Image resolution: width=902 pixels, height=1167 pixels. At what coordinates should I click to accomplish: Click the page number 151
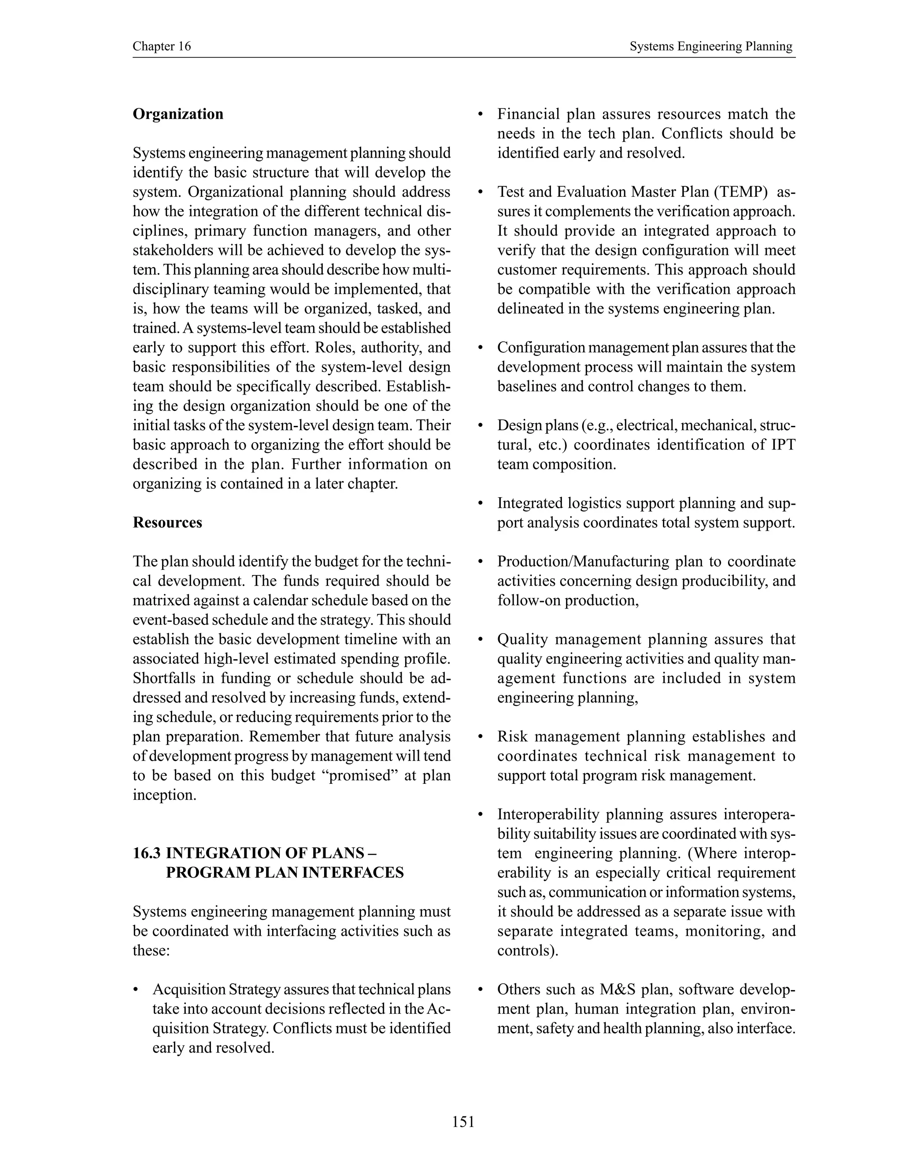[x=463, y=1122]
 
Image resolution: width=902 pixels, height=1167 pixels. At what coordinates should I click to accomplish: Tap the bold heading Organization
[x=178, y=114]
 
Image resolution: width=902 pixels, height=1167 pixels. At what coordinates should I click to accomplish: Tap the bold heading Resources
[x=167, y=523]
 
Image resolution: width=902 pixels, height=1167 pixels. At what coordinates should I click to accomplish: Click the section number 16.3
[x=146, y=853]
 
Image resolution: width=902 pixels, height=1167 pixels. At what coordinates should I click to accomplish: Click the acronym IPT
[x=784, y=445]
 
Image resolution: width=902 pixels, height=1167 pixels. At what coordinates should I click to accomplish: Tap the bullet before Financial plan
[x=481, y=114]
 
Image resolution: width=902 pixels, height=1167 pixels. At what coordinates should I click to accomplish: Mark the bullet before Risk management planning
[x=481, y=737]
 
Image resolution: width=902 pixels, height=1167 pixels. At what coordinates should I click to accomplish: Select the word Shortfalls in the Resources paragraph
[x=163, y=678]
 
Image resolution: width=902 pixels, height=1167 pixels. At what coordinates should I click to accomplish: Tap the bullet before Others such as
[x=481, y=990]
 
